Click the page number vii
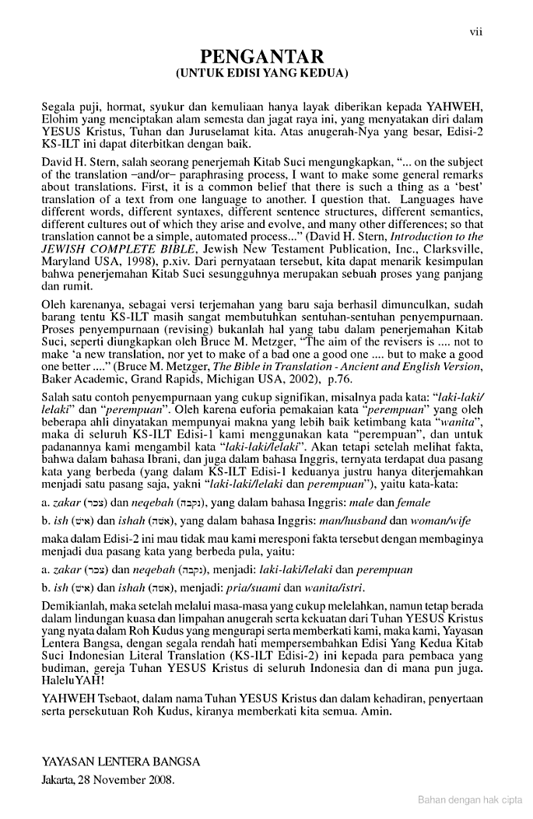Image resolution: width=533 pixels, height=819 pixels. [x=476, y=31]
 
